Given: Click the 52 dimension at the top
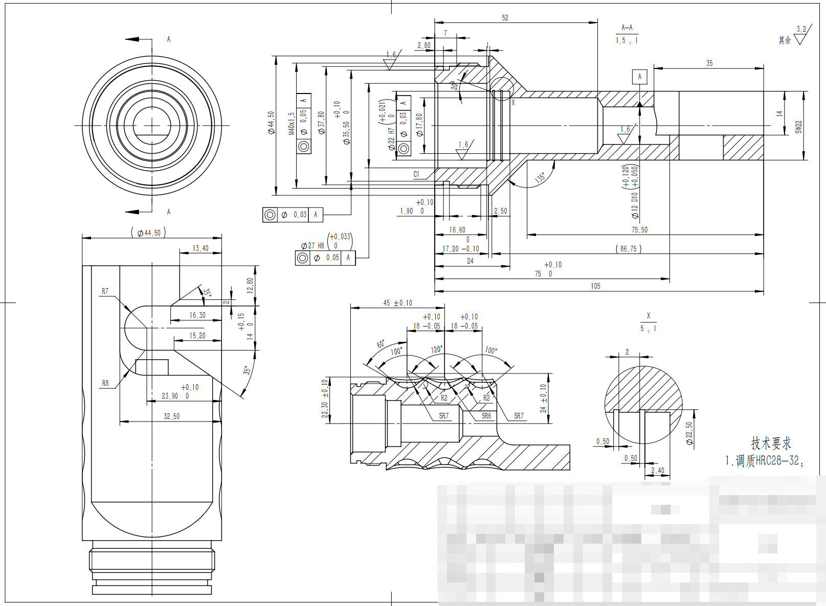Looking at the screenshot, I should (x=505, y=18).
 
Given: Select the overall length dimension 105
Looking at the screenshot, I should (x=595, y=286).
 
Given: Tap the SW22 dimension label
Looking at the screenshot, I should (x=798, y=127).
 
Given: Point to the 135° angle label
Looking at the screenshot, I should (x=540, y=178).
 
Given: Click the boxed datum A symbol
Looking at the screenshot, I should (x=639, y=77).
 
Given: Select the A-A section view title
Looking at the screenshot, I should (x=627, y=28).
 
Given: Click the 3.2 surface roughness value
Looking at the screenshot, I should (x=801, y=29).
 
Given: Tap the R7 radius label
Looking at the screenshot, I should (x=105, y=291).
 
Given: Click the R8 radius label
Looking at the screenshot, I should (x=105, y=383).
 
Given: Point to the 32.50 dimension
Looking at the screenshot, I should (x=171, y=416).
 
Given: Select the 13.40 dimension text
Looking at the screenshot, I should (x=200, y=248).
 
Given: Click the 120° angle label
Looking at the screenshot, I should (x=436, y=349).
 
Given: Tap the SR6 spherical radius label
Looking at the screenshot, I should (x=486, y=416).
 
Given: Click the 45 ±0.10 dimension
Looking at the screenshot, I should (x=397, y=303).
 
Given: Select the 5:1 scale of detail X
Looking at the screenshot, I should (x=648, y=329).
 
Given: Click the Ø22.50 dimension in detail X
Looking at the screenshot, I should (x=689, y=433).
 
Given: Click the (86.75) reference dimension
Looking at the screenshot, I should (x=628, y=249).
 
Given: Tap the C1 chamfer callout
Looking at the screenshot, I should (x=416, y=174).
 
